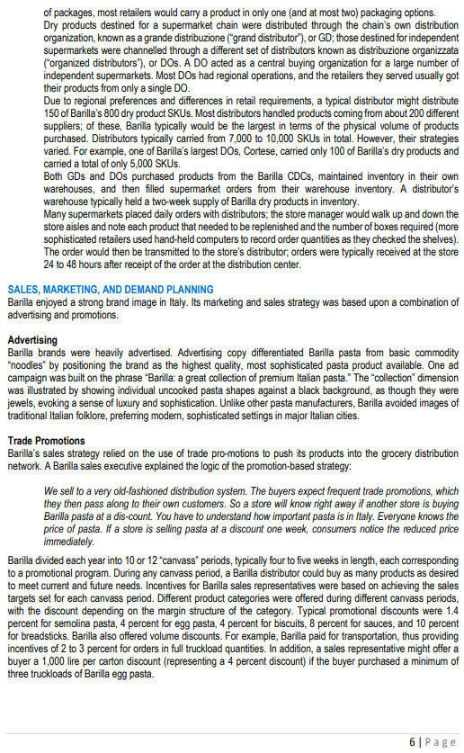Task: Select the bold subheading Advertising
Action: click(x=33, y=340)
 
